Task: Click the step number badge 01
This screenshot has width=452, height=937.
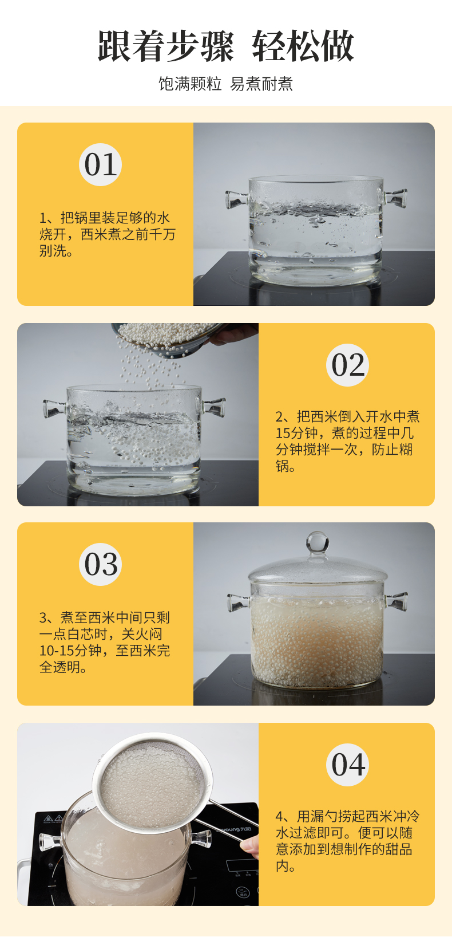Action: [x=100, y=164]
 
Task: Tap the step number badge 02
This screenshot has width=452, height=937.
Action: [x=347, y=365]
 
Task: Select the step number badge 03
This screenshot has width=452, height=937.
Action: [x=100, y=564]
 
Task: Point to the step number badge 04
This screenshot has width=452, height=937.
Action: [x=347, y=765]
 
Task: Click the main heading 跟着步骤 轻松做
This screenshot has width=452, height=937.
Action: [x=226, y=46]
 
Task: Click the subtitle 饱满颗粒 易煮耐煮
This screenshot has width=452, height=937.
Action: [x=225, y=84]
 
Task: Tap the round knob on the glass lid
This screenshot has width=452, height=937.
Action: [x=318, y=542]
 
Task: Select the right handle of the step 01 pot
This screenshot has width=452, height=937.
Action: [x=395, y=198]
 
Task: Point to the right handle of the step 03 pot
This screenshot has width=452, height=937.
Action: [x=395, y=601]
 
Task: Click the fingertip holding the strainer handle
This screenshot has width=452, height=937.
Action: [x=250, y=847]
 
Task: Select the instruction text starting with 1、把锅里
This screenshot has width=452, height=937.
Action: [x=107, y=234]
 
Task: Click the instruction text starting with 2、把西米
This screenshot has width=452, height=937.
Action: [x=347, y=442]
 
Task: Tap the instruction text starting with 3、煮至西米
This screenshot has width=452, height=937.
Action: [x=105, y=642]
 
